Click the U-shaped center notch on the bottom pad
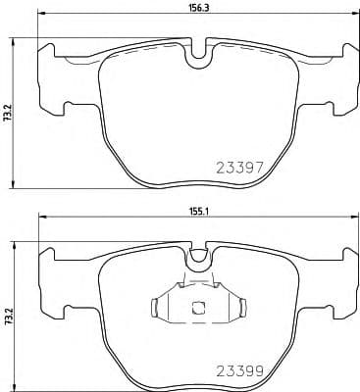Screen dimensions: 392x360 [x=197, y=257]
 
